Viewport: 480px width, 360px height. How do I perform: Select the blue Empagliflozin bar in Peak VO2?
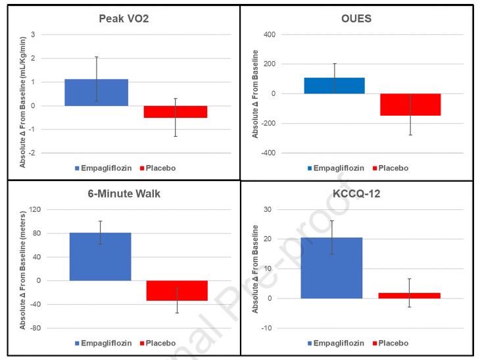point(97,92)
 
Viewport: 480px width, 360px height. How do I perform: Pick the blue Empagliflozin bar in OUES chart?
point(333,86)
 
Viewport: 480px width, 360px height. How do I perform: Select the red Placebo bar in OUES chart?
point(410,105)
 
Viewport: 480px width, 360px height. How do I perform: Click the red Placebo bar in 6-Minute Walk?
point(177,290)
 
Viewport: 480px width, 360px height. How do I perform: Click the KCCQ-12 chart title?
point(356,193)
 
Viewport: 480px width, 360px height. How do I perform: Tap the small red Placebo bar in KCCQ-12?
point(409,296)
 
